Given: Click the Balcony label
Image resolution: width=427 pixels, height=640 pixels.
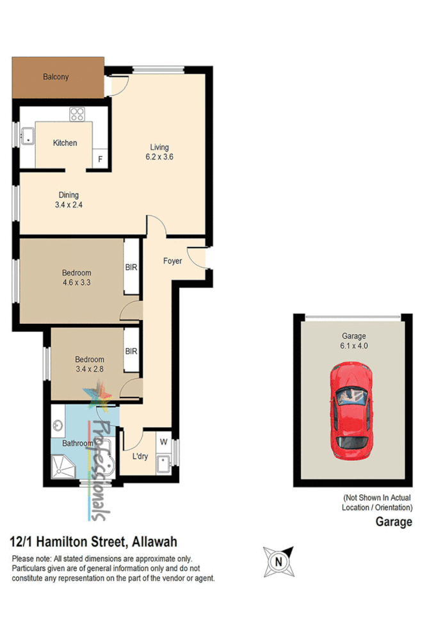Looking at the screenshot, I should coord(56,77).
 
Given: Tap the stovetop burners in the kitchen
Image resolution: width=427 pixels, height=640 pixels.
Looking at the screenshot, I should coord(77,115).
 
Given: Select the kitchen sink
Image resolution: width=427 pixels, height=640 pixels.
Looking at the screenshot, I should coord(28,136).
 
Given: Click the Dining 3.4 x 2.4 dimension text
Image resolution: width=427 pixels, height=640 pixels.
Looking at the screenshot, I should coord(69,205).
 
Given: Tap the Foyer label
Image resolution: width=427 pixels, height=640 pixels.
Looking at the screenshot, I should coord(172,261).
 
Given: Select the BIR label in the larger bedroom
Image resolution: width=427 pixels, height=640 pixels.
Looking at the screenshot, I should coord(131,267).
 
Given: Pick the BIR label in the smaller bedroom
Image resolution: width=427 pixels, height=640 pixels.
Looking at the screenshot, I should coord(131,351).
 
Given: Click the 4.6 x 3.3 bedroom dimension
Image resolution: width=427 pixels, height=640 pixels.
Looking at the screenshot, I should coord(77,282).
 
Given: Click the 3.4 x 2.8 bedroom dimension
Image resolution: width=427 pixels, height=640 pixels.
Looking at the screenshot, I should coord(89,369).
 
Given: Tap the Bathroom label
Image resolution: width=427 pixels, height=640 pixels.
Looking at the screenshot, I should coord(78,443).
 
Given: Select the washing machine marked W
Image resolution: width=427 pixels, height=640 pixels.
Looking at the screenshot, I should coord(163,442).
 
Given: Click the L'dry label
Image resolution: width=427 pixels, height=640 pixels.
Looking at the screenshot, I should coord(141,456).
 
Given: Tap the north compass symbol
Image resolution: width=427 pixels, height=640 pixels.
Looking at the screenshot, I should coord(278,561).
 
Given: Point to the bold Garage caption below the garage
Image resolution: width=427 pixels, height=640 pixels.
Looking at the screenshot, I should coord(393,522).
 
